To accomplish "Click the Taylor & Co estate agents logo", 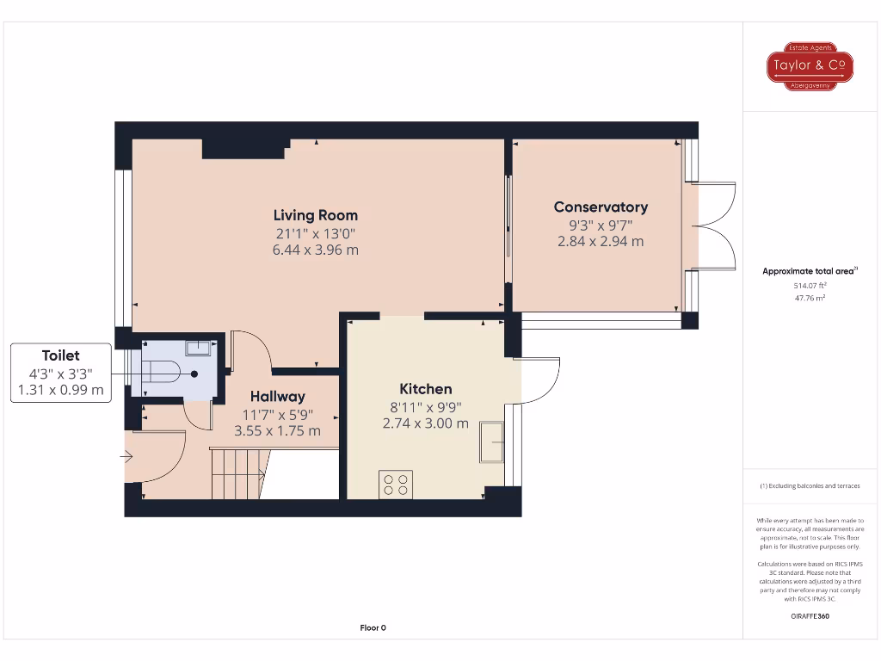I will pos(810,65).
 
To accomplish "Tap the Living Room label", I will pos(315,215).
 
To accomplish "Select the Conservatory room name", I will pos(601,207).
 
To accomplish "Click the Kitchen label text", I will pos(425,389).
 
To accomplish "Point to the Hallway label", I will pos(278,397).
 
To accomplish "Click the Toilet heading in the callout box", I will pos(61,355).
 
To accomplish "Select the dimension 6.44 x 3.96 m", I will pos(315,250).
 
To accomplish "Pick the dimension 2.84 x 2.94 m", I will pos(601,241).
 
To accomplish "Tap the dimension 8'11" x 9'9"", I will pos(425,406).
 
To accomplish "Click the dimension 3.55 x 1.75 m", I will pos(278,430).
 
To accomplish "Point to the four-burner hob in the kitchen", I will pos(396,485).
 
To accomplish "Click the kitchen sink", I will pos(492,442).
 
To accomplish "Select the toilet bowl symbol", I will pos(163,373).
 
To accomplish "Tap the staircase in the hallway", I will pos(237,474).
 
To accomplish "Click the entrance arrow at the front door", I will pos(128,458).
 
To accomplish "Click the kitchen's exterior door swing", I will pos(539,380).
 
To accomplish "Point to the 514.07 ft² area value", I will pos(809,285).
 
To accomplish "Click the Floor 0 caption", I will pos(373,627).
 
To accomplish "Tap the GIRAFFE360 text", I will pos(809,616).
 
